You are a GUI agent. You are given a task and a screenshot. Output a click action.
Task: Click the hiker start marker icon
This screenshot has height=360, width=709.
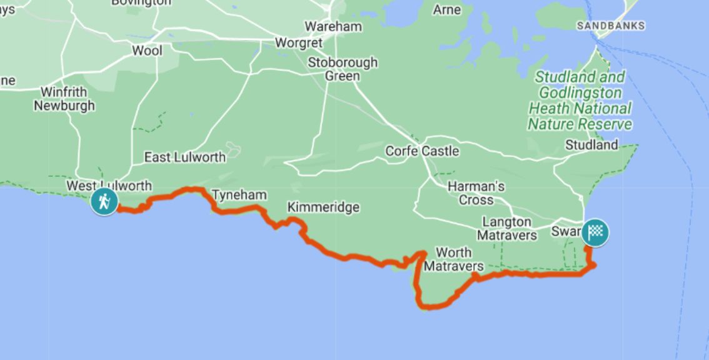(x=104, y=202)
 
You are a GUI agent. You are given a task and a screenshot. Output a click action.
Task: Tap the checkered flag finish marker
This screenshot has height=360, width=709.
(x=596, y=232)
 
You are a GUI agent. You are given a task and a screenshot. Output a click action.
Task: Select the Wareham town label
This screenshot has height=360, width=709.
(x=333, y=27)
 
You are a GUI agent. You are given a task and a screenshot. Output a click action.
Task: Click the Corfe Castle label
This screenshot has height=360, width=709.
(x=422, y=151)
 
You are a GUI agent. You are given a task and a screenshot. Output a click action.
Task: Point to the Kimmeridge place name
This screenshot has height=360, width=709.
(x=323, y=207)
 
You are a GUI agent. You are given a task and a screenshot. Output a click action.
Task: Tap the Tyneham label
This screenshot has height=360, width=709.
(x=239, y=195)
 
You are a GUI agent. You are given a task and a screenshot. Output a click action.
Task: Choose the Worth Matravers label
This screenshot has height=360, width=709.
(x=453, y=259)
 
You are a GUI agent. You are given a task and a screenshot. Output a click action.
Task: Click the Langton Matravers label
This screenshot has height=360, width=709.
(x=507, y=229)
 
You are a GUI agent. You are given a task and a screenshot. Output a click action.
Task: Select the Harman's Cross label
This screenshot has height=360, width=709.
(x=476, y=193)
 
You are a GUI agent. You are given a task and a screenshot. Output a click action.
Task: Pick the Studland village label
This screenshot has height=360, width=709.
(x=591, y=145)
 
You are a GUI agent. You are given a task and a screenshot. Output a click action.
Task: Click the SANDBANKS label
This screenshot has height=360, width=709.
(x=611, y=26)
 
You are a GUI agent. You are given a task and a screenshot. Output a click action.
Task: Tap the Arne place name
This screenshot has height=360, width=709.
(x=447, y=9)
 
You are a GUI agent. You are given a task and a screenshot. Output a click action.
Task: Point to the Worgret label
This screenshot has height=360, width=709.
(x=299, y=43)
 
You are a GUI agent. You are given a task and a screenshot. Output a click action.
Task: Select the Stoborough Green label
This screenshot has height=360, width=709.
(x=343, y=69)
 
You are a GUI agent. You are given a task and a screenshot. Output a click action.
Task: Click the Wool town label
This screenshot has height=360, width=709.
(x=147, y=51)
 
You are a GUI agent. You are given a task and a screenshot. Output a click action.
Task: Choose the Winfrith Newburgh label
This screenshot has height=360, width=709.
(x=64, y=99)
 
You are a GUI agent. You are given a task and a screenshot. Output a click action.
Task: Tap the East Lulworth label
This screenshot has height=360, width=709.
(x=185, y=157)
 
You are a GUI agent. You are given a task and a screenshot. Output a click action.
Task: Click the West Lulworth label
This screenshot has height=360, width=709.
(x=109, y=186)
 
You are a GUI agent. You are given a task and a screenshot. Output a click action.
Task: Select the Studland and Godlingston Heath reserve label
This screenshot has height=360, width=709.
(x=580, y=101)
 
